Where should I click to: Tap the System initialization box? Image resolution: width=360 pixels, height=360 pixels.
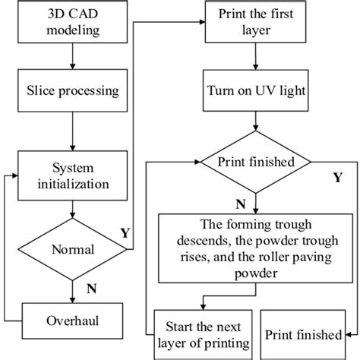click(x=71, y=175)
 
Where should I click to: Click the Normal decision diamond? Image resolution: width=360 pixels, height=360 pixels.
click(x=71, y=249)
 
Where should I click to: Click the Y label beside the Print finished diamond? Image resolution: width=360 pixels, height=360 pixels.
click(x=336, y=178)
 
